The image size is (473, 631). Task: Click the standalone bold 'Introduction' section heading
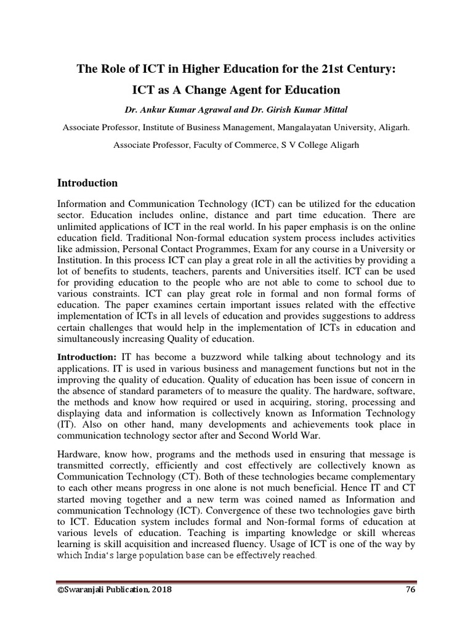pyautogui.click(x=87, y=183)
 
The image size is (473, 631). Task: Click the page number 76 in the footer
pyautogui.click(x=411, y=589)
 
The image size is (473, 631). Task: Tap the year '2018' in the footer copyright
pyautogui.click(x=160, y=589)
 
